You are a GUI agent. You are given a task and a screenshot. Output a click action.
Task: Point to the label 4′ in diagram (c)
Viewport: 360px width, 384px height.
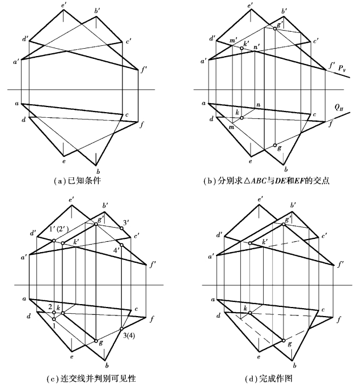pyautogui.click(x=117, y=250)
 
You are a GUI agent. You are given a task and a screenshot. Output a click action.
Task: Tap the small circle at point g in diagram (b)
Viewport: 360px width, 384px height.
pyautogui.click(x=274, y=146)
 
